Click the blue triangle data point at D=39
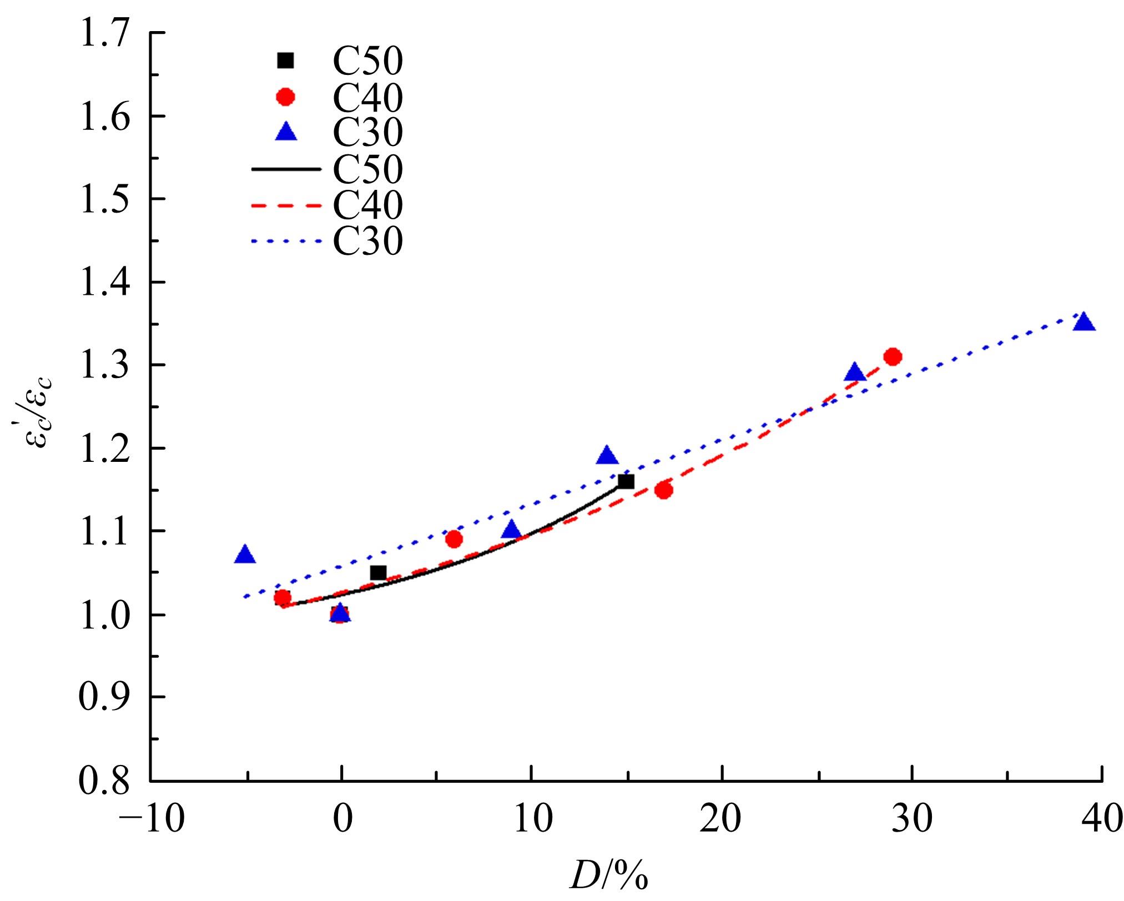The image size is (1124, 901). coord(1083,323)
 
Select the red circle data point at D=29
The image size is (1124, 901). coord(893,356)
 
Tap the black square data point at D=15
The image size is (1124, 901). coord(626,481)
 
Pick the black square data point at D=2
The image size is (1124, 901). coord(378,573)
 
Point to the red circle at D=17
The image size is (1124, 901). coord(664,490)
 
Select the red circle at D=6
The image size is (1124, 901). coord(454,539)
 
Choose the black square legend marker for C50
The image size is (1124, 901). coord(286,60)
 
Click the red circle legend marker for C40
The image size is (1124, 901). coord(286,97)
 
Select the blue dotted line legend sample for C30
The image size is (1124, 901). coord(286,241)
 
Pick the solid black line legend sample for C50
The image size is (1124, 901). coord(286,168)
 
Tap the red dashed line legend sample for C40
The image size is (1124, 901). coord(286,205)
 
